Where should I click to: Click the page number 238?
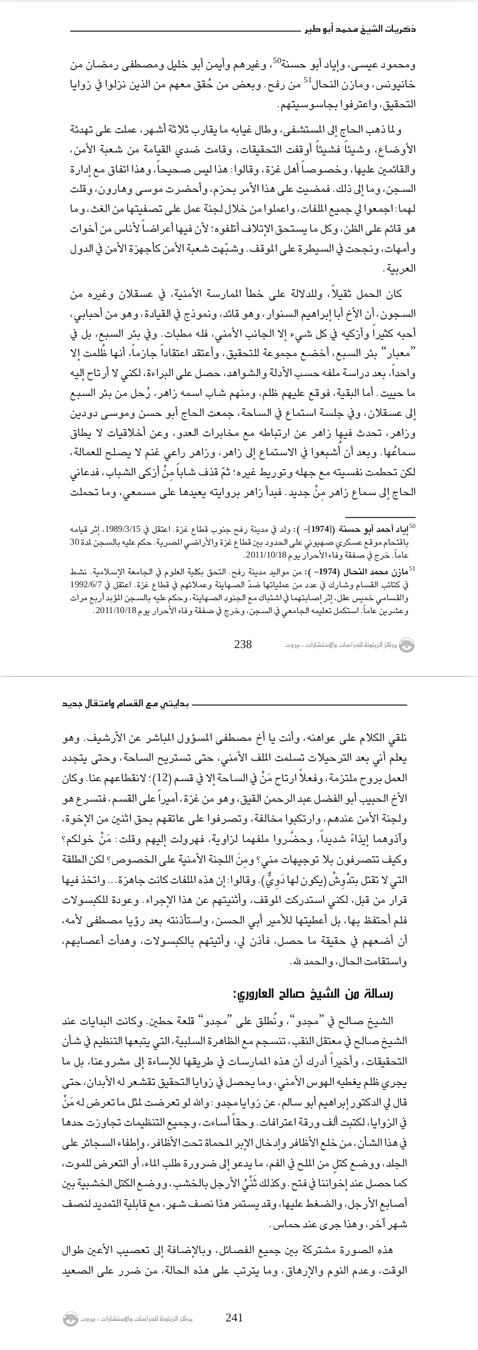click(x=243, y=644)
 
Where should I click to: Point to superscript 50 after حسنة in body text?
click(x=276, y=62)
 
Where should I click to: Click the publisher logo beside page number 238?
click(x=407, y=645)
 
